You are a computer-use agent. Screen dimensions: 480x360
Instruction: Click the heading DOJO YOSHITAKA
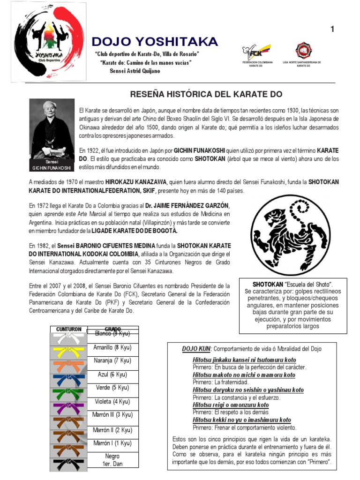tap(155, 42)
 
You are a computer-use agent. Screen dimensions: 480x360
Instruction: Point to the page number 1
tap(332, 29)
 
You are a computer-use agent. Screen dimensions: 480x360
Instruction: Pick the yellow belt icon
tap(68, 350)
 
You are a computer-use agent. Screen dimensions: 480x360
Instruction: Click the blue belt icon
tap(68, 377)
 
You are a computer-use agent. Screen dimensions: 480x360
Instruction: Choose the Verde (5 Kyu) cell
tap(113, 388)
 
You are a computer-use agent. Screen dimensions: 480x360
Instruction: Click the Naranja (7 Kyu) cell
tap(113, 360)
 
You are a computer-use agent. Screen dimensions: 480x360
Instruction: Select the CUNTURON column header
tap(69, 329)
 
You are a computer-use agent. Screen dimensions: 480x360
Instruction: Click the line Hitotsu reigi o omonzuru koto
tap(231, 405)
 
